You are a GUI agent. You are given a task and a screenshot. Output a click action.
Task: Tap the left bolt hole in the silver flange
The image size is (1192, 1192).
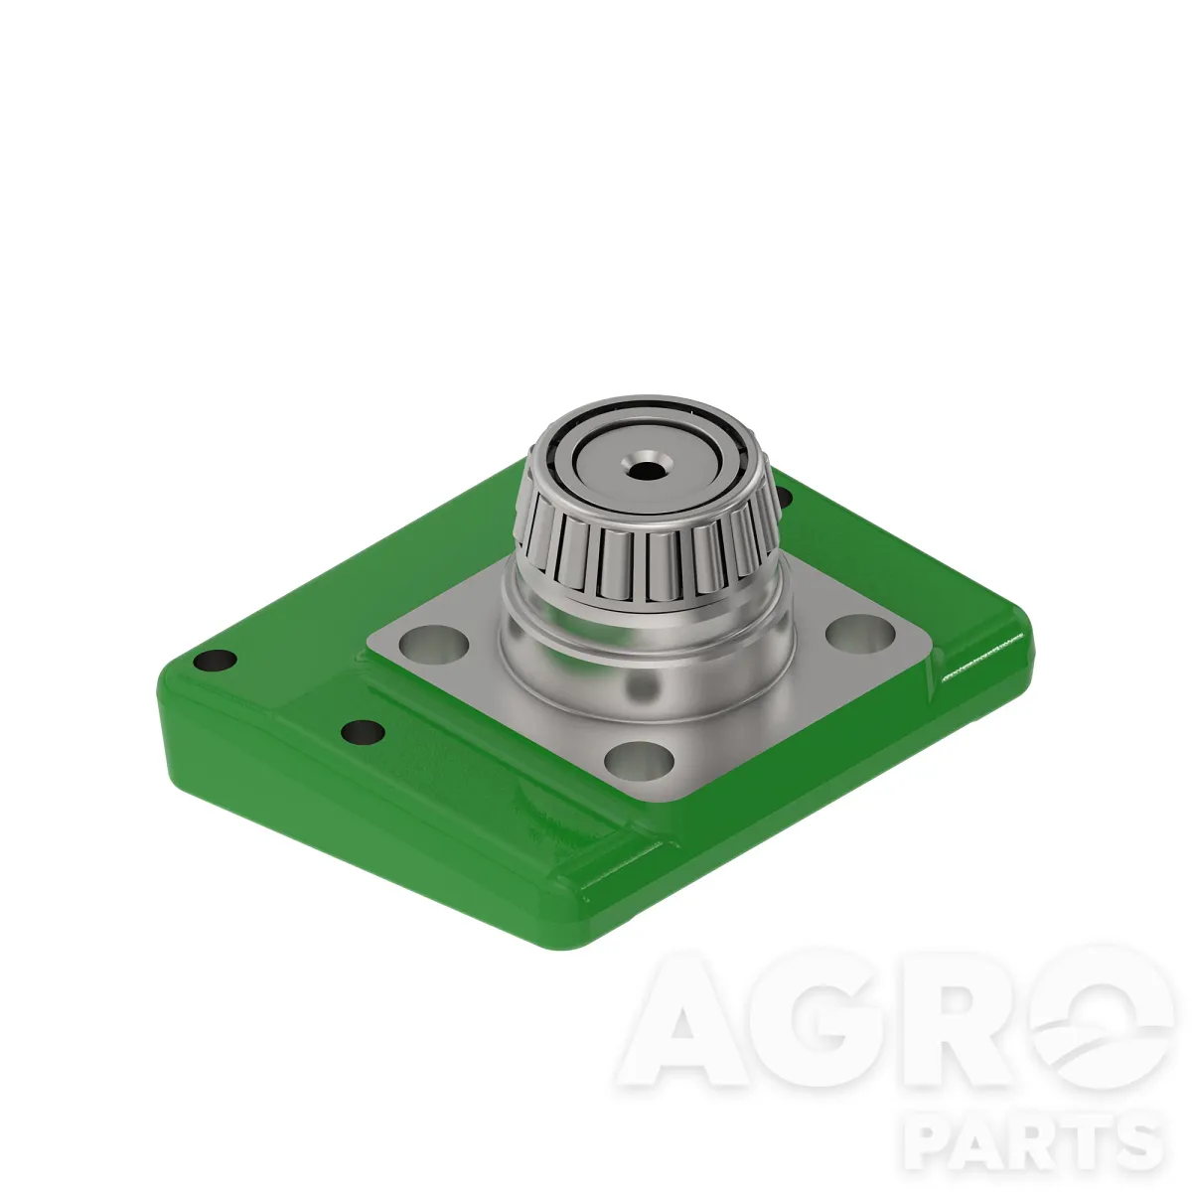(x=433, y=643)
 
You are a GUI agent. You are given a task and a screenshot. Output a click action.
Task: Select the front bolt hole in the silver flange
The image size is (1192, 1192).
(x=639, y=760)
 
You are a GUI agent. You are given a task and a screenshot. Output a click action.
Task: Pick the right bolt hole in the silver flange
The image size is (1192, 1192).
(x=860, y=634)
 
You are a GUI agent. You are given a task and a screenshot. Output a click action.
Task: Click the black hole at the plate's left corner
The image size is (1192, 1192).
(x=215, y=660)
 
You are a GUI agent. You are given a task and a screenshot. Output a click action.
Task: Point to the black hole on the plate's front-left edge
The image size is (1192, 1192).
(x=363, y=732)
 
